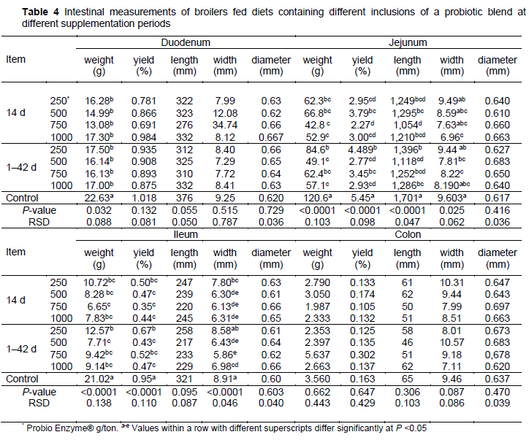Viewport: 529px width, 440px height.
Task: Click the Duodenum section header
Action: pyautogui.click(x=182, y=42)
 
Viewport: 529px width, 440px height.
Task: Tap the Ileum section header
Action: pyautogui.click(x=182, y=236)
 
